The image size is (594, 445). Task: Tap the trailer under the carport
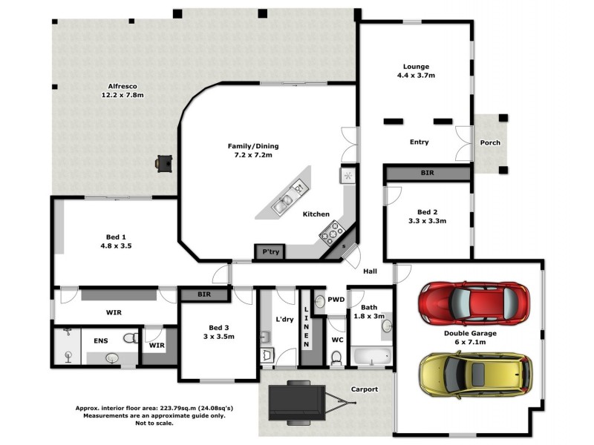tap(304, 403)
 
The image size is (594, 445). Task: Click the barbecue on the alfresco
tap(164, 162)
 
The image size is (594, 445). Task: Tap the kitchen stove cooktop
tap(330, 232)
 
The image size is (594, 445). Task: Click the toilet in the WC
tap(336, 357)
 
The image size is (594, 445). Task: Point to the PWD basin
tap(320, 301)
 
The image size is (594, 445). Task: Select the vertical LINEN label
tap(306, 326)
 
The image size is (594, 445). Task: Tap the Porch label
tap(489, 142)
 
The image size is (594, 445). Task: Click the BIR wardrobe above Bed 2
tap(427, 173)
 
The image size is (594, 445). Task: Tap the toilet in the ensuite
tap(130, 338)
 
